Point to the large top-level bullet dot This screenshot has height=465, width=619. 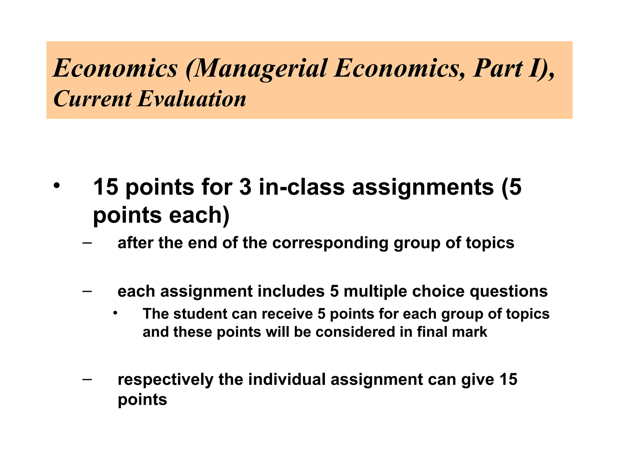click(x=57, y=185)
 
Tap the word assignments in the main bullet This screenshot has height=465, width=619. click(x=423, y=187)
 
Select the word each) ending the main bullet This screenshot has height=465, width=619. click(x=199, y=215)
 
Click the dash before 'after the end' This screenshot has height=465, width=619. click(x=87, y=242)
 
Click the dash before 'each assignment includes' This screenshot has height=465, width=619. click(x=87, y=291)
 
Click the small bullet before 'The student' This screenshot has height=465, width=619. click(x=115, y=313)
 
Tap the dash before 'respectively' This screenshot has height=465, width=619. click(x=87, y=379)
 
